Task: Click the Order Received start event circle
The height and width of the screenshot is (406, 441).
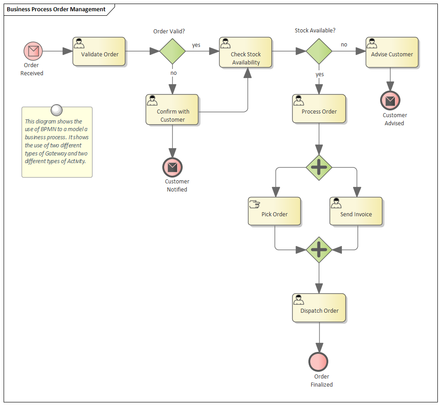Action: point(33,51)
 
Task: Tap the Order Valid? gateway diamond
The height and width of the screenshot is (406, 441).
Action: point(172,51)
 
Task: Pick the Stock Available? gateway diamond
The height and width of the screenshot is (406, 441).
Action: point(319,51)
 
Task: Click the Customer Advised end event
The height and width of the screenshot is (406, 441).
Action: point(390,100)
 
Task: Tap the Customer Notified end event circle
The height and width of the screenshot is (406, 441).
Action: point(172,167)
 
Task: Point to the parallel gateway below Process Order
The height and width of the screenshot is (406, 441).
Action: point(319,168)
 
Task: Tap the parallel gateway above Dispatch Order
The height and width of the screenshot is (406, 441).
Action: point(319,250)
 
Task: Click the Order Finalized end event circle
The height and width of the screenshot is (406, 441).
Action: point(318,361)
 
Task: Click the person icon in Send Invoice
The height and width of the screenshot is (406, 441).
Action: point(336,203)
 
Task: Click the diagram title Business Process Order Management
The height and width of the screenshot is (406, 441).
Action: point(56,9)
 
